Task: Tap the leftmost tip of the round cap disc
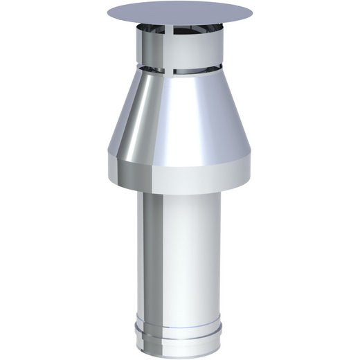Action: [x=109, y=14]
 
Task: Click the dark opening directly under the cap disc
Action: [x=181, y=30]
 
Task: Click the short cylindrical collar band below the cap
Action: [x=181, y=53]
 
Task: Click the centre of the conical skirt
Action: [x=181, y=118]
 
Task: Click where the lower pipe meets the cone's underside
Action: [x=181, y=195]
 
